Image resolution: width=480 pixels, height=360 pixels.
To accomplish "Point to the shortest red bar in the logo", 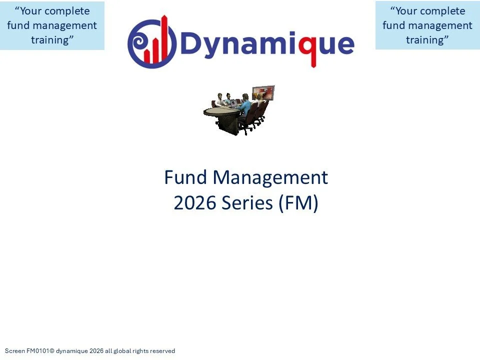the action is point(147,56).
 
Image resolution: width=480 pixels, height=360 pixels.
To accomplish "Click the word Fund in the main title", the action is point(185,177).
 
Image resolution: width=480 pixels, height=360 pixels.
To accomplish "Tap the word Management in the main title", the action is point(270,178).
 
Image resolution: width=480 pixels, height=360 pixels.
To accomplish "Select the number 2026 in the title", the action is point(194,202).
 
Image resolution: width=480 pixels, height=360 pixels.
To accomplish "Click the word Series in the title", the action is point(247,202).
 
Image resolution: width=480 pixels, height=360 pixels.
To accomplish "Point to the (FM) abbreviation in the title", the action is point(298,203).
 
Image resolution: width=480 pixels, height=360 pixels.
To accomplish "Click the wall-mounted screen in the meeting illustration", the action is point(263,93).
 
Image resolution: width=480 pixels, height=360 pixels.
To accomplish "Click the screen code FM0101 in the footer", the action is point(37,351).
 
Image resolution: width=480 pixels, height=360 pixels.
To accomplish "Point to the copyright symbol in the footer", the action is point(51,351).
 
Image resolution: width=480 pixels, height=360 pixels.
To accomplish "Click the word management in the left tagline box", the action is point(65,25).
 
